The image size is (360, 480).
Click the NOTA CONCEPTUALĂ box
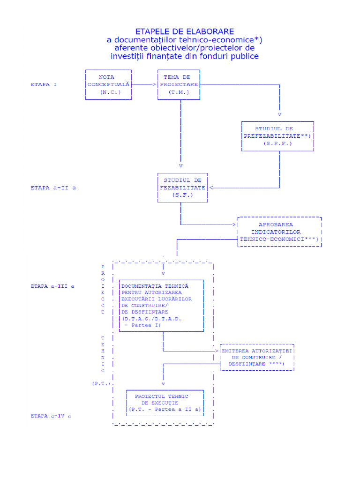coord(108,85)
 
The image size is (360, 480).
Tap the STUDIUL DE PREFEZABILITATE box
coord(277,136)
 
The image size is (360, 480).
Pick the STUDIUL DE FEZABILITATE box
coord(182,187)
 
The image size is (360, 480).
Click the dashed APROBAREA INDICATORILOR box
coord(279,232)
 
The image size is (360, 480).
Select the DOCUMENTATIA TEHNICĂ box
coord(162,306)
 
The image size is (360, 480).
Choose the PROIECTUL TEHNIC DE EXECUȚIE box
coord(165,402)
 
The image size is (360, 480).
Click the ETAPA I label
coord(44,85)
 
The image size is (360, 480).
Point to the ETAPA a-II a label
coord(53,187)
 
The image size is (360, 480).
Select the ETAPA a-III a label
coord(52,285)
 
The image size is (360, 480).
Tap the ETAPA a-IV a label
coord(51,416)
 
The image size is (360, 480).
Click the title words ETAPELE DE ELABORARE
coord(184,31)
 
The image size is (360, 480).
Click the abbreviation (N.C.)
coord(110,92)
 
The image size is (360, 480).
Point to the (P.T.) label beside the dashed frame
coord(101,383)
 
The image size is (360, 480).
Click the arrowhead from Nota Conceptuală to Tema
coord(154,85)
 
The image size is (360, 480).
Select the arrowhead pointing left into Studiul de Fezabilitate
coord(210,187)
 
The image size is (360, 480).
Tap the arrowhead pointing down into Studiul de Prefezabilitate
coord(280,114)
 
